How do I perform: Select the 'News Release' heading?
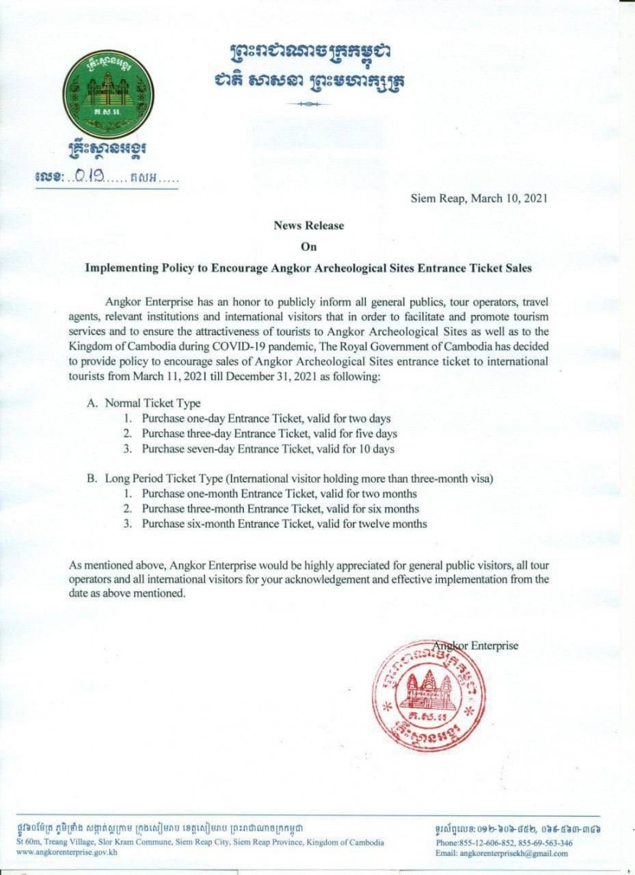309,226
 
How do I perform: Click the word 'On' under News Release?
309,247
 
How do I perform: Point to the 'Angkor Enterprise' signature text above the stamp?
476,646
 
